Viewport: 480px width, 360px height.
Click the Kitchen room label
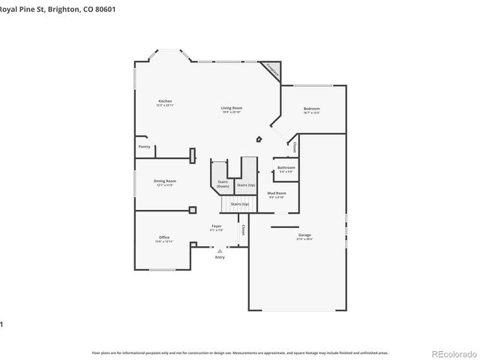[165, 101]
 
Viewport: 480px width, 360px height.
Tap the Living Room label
[231, 109]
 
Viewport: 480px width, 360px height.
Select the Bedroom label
[311, 109]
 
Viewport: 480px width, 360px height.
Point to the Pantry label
[145, 147]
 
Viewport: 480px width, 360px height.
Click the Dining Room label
[165, 181]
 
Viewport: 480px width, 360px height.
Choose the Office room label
[163, 238]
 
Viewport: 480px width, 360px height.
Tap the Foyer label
[216, 226]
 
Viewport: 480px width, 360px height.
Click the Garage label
[304, 235]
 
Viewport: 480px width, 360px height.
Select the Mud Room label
[276, 193]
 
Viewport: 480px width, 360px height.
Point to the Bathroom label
[286, 167]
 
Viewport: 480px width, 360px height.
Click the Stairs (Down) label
[223, 184]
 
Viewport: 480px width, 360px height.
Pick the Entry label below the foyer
[220, 257]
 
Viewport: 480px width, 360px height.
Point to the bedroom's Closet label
[295, 146]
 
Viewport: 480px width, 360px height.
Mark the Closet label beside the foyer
[243, 229]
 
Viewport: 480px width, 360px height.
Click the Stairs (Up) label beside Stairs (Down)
[246, 184]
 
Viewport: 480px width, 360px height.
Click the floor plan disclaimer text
[240, 352]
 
